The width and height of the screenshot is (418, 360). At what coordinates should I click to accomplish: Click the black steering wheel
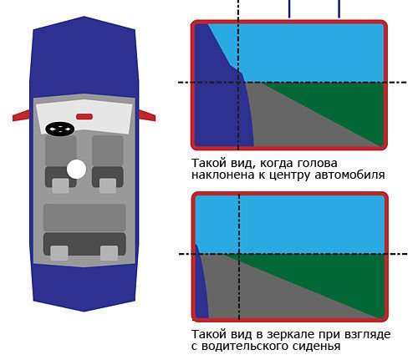tap(60, 129)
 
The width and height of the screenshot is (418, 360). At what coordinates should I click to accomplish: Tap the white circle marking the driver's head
tap(76, 170)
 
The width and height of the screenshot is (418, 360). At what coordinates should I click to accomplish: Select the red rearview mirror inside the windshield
tap(84, 117)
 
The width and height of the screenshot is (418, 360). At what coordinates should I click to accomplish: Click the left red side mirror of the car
tap(21, 115)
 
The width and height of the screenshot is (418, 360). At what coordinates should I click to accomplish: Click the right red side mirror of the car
tap(147, 115)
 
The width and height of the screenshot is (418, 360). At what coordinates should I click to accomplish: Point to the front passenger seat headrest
tap(108, 185)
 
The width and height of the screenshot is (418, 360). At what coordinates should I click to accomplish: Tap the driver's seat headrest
tap(60, 185)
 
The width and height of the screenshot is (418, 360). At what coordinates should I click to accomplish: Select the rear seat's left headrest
tap(59, 253)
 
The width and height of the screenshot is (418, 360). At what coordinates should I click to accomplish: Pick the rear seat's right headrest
tap(109, 253)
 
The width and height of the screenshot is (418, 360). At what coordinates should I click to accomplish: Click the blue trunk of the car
tap(84, 286)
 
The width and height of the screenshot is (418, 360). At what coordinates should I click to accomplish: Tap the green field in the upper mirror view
tap(334, 106)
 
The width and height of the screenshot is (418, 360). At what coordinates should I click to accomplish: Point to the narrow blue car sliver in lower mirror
tap(201, 286)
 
